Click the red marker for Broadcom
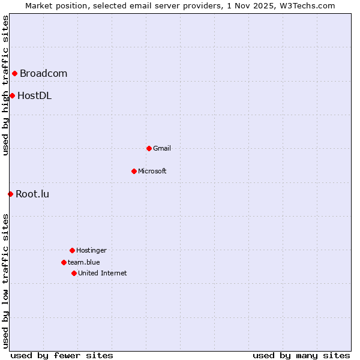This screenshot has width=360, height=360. (14, 74)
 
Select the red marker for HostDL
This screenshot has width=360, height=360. (12, 95)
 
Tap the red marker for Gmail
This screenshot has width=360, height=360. (149, 148)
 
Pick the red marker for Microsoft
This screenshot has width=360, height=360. (134, 171)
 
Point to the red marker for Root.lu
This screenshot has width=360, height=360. (10, 194)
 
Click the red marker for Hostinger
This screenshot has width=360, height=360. (72, 250)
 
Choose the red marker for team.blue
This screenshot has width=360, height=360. (64, 262)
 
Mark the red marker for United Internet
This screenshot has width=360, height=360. (74, 273)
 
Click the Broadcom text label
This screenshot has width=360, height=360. (43, 74)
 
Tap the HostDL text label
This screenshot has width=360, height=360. (34, 95)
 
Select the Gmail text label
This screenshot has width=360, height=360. (162, 148)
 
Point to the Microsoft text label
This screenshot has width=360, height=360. (152, 171)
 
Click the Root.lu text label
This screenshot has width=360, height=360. (32, 194)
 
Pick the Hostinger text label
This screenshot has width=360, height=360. (91, 250)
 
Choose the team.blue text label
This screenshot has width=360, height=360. (84, 262)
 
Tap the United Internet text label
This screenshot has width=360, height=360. (103, 273)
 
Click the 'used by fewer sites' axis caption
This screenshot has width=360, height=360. (62, 355)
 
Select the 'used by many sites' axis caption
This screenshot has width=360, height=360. (301, 355)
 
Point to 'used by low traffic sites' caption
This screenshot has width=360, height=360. (5, 281)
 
